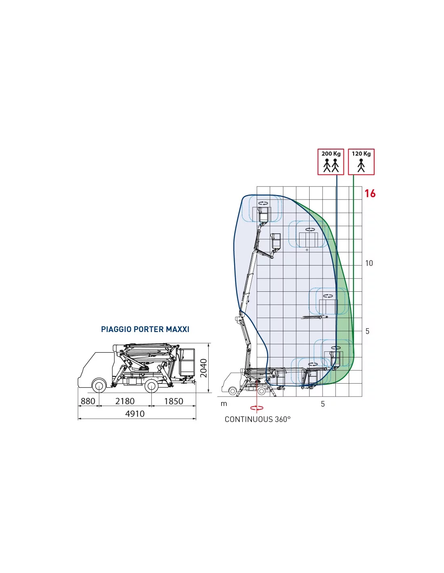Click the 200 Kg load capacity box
coord(331,162)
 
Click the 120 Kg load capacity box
coord(361,162)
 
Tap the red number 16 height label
coord(370,193)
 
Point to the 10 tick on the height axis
coord(369,263)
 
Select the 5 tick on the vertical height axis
coord(367,331)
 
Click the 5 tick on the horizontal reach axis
coord(323,404)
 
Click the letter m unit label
coord(224,404)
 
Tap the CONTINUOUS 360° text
coord(258,419)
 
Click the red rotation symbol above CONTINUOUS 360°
coord(257,408)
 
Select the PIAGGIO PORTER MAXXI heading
coord(145,329)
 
